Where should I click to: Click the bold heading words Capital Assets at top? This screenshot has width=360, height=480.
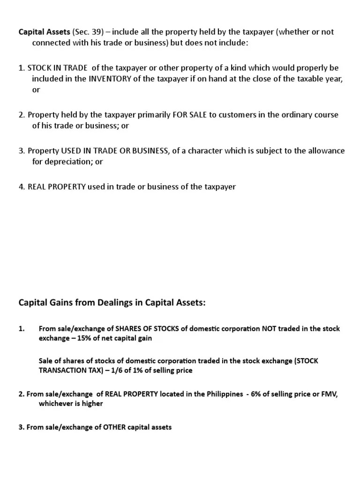(x=44, y=32)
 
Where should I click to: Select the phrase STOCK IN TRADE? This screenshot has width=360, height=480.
(x=58, y=68)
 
